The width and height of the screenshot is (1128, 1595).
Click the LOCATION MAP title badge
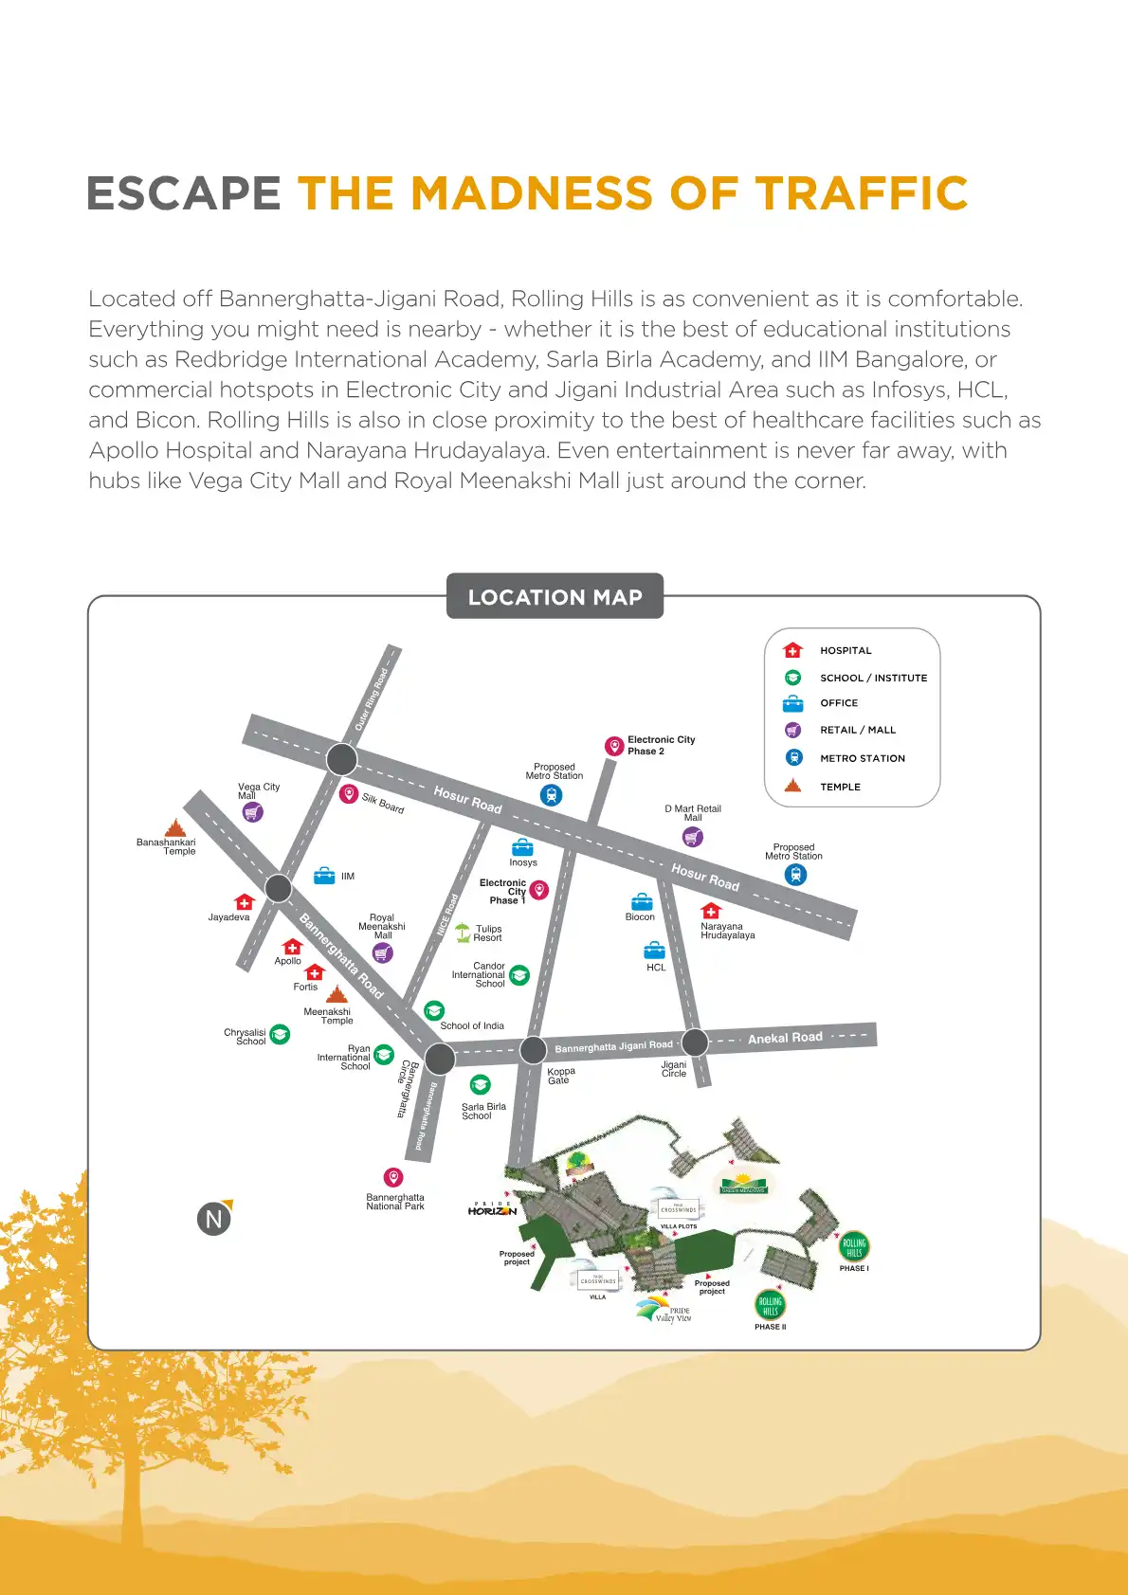pyautogui.click(x=555, y=597)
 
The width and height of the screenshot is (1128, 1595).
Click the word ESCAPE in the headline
pyautogui.click(x=184, y=194)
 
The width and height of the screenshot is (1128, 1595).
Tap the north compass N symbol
pyautogui.click(x=214, y=1219)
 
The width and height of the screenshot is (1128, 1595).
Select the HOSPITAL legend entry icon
pyautogui.click(x=793, y=650)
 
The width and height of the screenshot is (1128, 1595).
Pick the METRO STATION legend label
pyautogui.click(x=862, y=758)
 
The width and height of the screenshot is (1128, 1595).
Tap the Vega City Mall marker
pyautogui.click(x=252, y=812)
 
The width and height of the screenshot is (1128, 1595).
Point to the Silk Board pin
pyautogui.click(x=349, y=794)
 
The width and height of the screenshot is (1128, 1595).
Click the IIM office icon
pyautogui.click(x=324, y=876)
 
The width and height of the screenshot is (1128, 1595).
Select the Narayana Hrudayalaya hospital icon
pyautogui.click(x=711, y=911)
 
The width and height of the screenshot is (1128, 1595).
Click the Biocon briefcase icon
pyautogui.click(x=642, y=901)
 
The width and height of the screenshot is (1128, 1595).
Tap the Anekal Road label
pyautogui.click(x=785, y=1038)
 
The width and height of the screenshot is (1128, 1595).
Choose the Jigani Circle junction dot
pyautogui.click(x=695, y=1042)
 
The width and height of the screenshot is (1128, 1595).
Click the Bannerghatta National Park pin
pyautogui.click(x=393, y=1177)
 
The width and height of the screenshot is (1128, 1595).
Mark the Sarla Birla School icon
pyautogui.click(x=481, y=1085)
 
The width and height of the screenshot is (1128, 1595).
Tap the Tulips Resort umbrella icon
pyautogui.click(x=463, y=933)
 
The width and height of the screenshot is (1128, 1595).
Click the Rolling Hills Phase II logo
pyautogui.click(x=770, y=1305)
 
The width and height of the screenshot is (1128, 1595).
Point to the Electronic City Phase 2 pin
pyautogui.click(x=614, y=746)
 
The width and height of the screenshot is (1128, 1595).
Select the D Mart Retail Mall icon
pyautogui.click(x=693, y=837)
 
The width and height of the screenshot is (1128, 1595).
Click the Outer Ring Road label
pyautogui.click(x=372, y=699)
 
